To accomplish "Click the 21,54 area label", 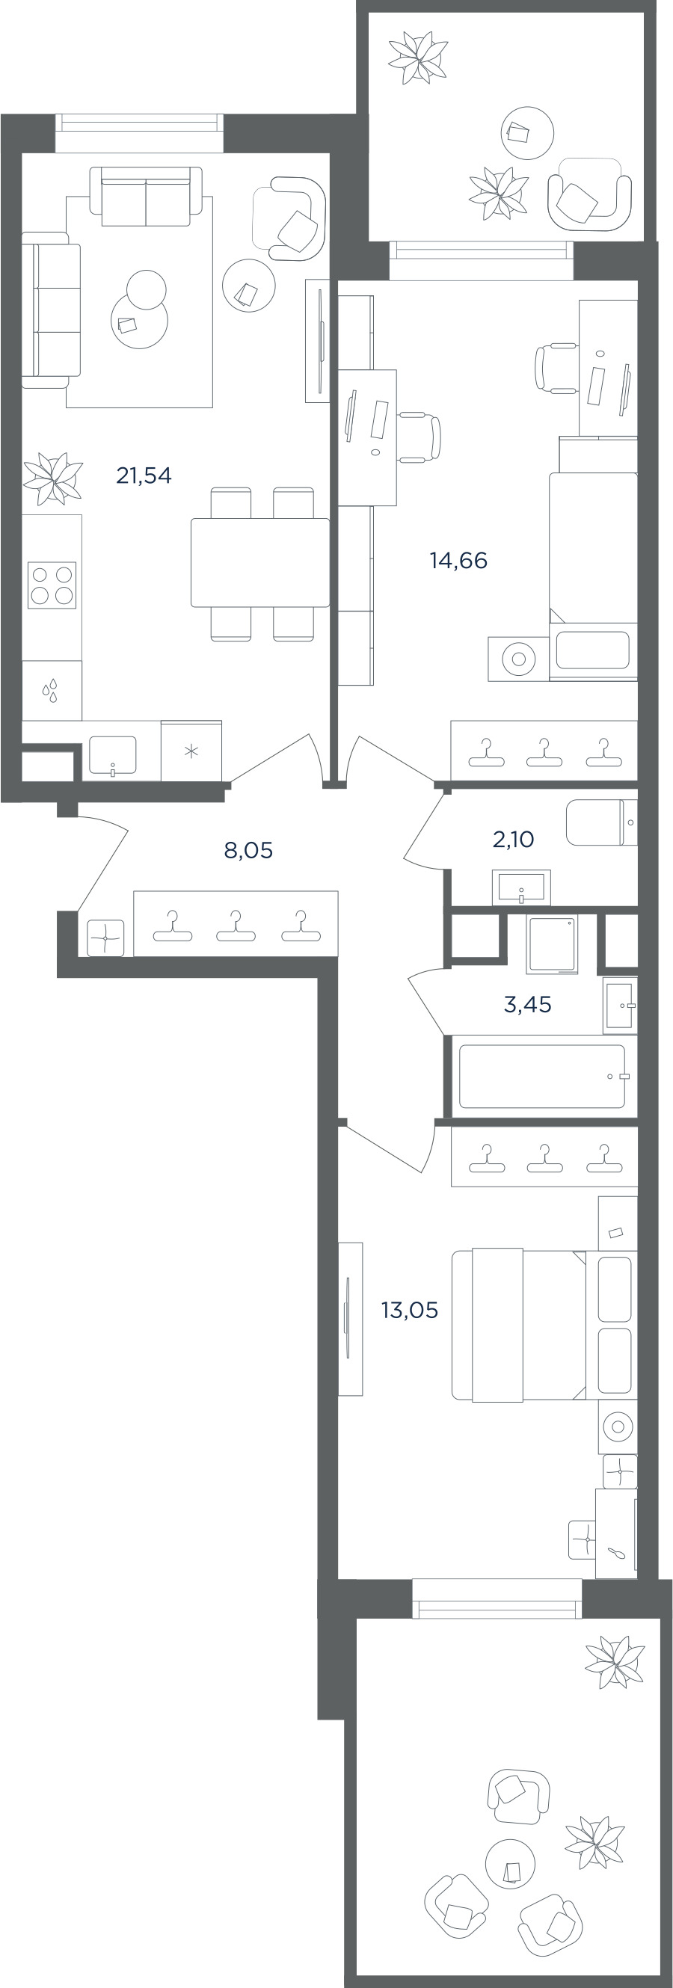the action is [x=144, y=476].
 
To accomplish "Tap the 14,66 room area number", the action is [x=458, y=560].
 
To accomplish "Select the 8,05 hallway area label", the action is [x=248, y=851].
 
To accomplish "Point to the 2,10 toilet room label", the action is [x=513, y=839].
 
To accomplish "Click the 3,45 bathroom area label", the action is [x=528, y=1004].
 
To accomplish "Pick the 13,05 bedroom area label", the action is [x=410, y=1310].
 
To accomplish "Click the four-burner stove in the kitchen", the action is [x=52, y=585].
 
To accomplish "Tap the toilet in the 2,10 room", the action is [x=601, y=822].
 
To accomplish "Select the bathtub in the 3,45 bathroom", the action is [x=542, y=1076].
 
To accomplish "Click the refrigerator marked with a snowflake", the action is [x=191, y=751].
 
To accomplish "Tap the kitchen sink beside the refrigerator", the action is [x=113, y=756].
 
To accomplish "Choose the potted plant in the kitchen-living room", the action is [x=52, y=478].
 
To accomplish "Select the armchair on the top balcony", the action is [x=590, y=194].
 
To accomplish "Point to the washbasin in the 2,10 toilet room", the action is [x=522, y=887].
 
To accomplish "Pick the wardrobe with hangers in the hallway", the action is [x=236, y=923].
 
